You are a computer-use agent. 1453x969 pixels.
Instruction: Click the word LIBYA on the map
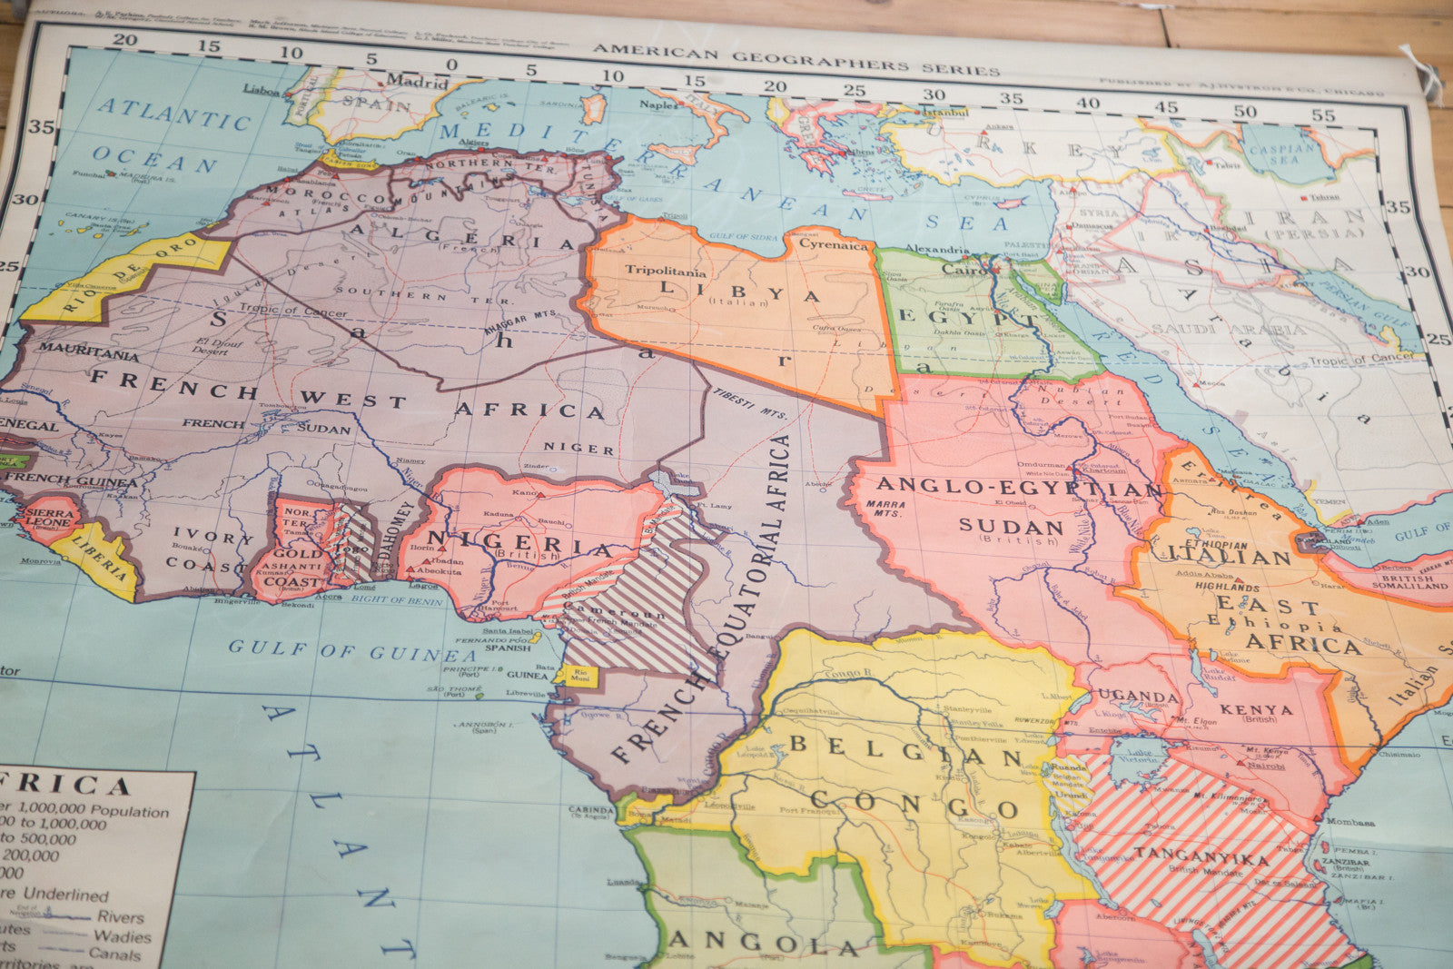[x=740, y=292]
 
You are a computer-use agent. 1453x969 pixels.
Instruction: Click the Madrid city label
[x=417, y=81]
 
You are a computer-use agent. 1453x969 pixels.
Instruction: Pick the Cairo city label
[x=964, y=269]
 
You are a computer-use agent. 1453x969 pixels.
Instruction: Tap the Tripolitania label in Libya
[x=665, y=271]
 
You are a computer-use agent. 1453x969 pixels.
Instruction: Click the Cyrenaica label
[x=833, y=244]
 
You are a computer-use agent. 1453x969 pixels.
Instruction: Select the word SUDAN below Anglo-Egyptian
[x=1011, y=526]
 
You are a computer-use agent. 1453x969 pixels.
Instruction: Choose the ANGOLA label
[x=763, y=944]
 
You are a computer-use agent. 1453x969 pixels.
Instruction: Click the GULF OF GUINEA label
[x=351, y=650]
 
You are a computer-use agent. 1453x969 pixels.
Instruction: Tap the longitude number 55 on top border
[x=1322, y=115]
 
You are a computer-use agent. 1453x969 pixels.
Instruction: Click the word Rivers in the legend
[x=121, y=917]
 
